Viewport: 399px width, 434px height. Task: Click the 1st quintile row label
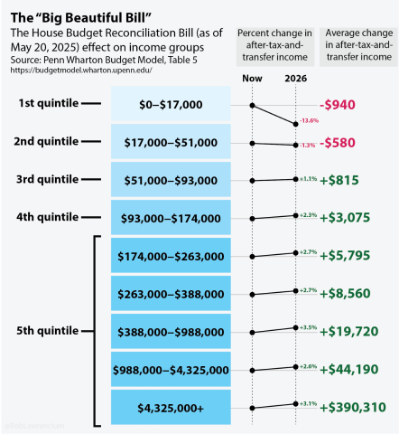point(49,105)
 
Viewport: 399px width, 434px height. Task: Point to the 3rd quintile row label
point(49,180)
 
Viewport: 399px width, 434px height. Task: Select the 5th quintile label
point(49,332)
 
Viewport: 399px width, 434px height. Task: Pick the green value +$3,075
point(347,218)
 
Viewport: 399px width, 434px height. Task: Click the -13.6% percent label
point(309,120)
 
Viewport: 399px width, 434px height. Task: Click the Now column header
point(252,79)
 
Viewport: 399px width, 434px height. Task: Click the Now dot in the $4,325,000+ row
point(252,409)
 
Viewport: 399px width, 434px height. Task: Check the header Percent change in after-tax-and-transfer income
point(274,45)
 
